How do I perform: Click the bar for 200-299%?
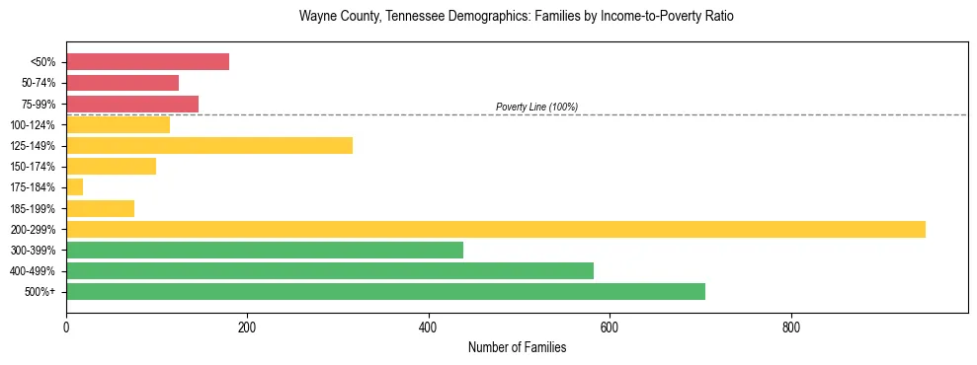(495, 229)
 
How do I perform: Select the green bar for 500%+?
(385, 291)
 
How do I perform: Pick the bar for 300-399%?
(265, 250)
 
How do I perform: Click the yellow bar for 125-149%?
(209, 146)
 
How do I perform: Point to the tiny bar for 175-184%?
(75, 187)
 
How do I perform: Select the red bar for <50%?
(147, 62)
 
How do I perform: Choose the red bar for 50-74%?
(122, 83)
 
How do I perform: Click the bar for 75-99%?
(132, 104)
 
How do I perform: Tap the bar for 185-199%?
(100, 208)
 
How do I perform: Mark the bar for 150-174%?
(111, 167)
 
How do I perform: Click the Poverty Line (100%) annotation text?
(536, 108)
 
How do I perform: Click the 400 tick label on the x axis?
(429, 327)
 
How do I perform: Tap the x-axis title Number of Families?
(517, 347)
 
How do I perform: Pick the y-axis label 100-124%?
(33, 125)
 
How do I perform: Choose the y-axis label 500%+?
(40, 292)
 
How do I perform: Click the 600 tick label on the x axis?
(610, 327)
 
